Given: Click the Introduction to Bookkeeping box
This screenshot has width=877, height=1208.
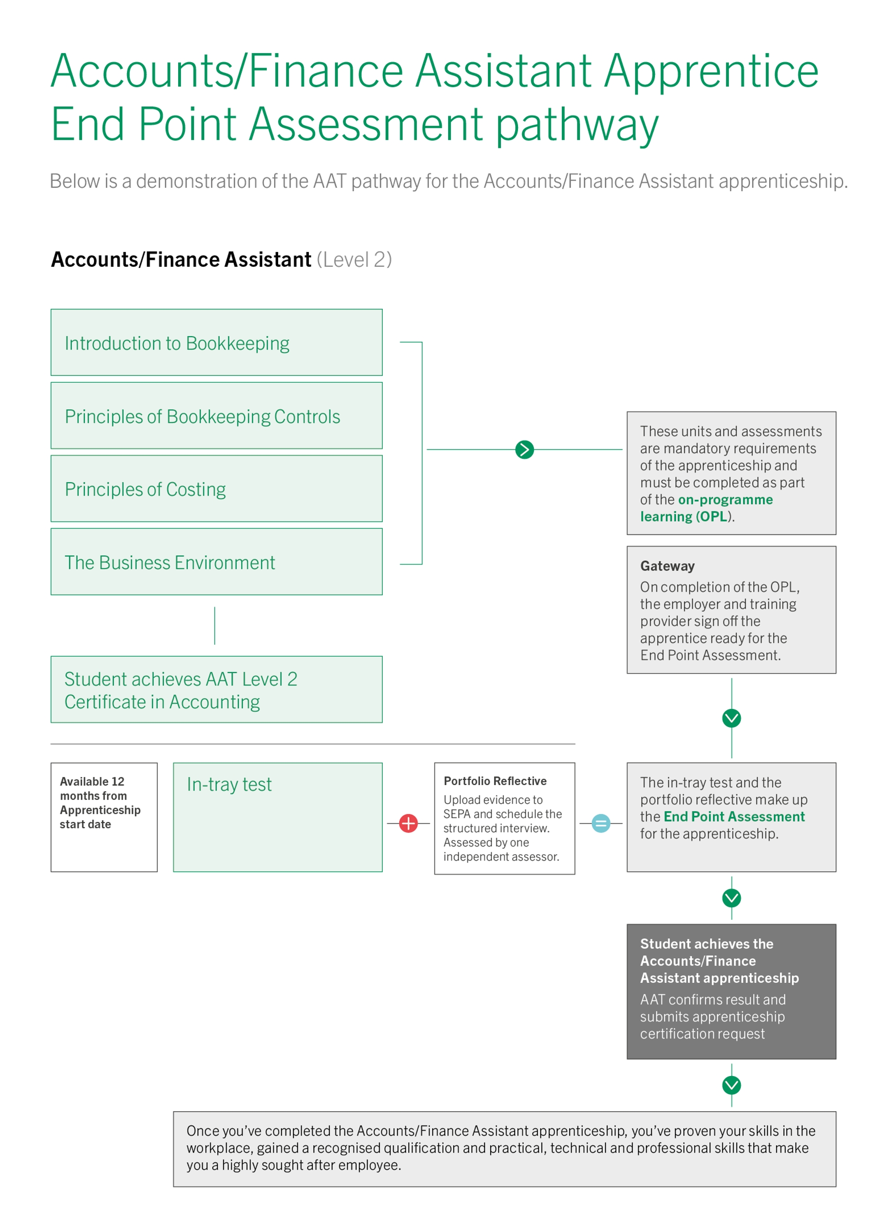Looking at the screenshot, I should [x=217, y=342].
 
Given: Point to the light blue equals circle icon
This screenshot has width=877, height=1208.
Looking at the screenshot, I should [x=601, y=823].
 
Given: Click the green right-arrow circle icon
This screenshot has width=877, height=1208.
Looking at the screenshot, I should [x=524, y=449].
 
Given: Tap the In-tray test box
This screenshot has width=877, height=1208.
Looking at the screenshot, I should [x=277, y=817].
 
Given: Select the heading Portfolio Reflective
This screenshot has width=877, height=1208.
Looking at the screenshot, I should [x=495, y=781].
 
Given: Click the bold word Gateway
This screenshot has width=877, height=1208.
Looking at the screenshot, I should [x=667, y=566].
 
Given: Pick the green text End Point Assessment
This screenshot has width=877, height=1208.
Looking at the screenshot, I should [x=734, y=816].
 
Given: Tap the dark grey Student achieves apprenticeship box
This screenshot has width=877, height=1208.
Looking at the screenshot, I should [x=731, y=991].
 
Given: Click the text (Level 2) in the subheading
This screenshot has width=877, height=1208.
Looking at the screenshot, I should [x=354, y=259].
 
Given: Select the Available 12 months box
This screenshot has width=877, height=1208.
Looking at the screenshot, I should [x=104, y=817].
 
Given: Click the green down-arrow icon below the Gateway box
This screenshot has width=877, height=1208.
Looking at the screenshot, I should [x=731, y=717].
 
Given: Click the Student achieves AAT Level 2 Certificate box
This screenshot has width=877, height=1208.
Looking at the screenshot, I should [x=217, y=689].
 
